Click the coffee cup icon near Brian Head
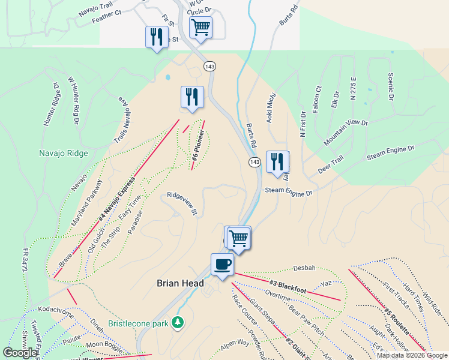[x=222, y=264]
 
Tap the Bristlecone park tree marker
[x=177, y=323]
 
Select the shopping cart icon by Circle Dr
[x=200, y=26]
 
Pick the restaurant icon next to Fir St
[x=156, y=37]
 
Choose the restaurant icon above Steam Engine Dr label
[x=277, y=161]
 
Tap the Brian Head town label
[x=180, y=283]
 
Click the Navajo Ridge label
[x=64, y=153]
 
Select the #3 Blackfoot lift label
[x=288, y=287]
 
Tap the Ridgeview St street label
[x=182, y=203]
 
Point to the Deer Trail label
[x=330, y=166]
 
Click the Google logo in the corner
[x=20, y=353]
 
